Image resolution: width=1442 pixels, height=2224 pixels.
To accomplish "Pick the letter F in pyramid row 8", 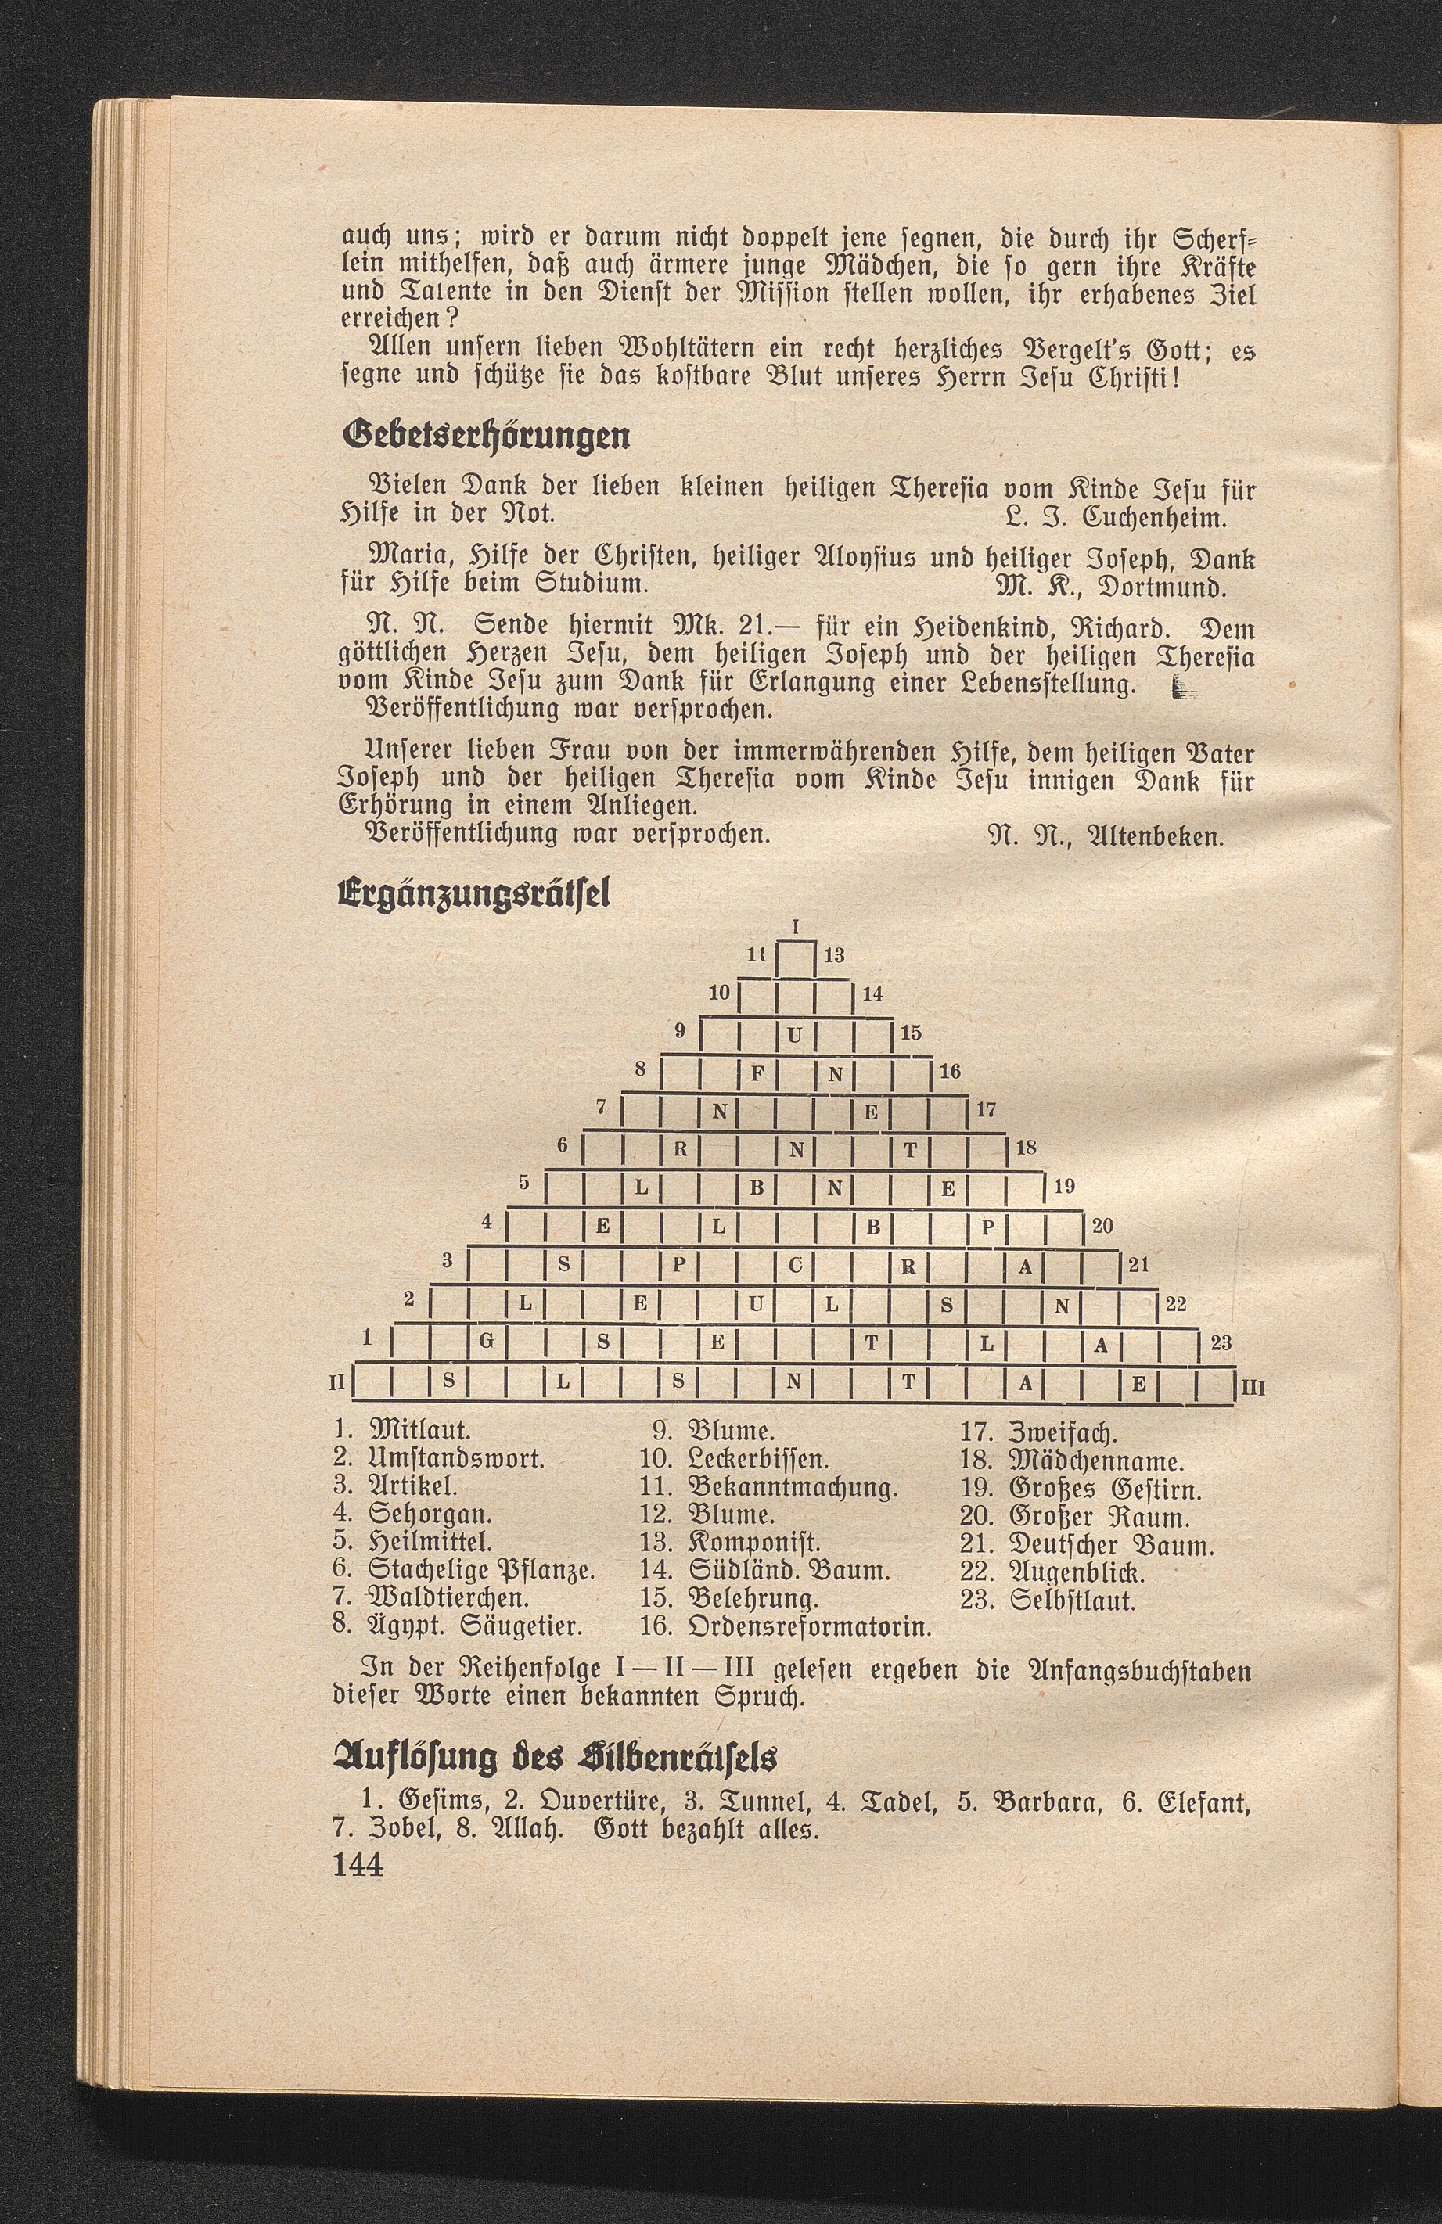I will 757,1074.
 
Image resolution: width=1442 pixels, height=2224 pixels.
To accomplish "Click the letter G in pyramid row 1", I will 486,1344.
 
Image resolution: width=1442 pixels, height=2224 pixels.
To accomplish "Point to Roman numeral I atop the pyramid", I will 795,927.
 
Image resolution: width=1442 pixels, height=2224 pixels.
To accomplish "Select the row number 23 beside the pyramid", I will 1221,1343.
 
